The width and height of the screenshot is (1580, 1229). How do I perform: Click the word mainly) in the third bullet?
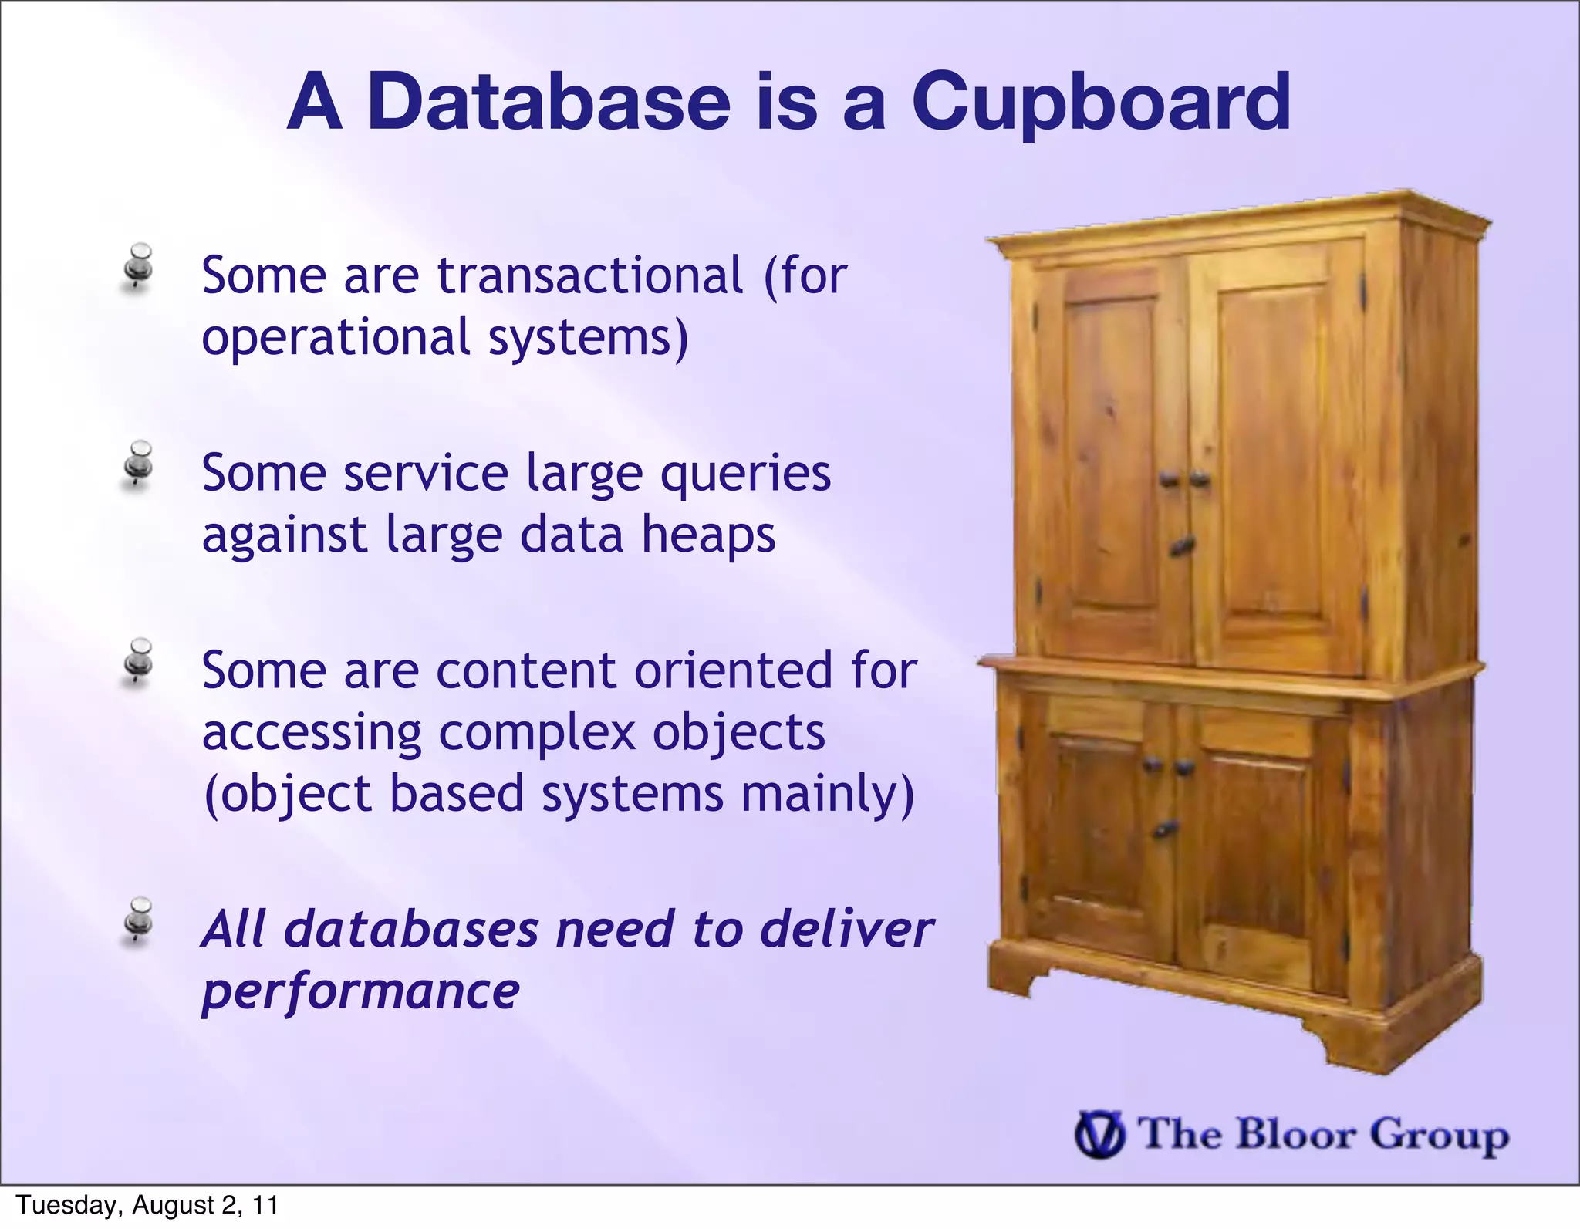point(827,794)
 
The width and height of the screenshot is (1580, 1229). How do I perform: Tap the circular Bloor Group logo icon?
point(1099,1135)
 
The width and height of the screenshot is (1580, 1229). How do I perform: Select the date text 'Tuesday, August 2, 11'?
point(147,1205)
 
